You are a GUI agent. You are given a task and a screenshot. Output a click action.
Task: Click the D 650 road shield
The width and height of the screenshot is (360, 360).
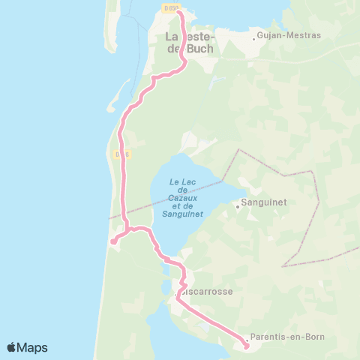[x=170, y=8]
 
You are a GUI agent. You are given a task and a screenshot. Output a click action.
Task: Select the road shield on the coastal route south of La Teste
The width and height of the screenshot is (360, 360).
[x=122, y=154]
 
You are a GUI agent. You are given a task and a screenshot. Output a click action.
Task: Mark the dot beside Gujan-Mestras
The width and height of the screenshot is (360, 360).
[x=254, y=35]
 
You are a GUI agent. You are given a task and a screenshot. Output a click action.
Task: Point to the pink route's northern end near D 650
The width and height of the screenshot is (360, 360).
[x=179, y=13]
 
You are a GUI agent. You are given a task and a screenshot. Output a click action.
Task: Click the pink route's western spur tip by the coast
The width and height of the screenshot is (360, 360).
[x=112, y=241]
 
